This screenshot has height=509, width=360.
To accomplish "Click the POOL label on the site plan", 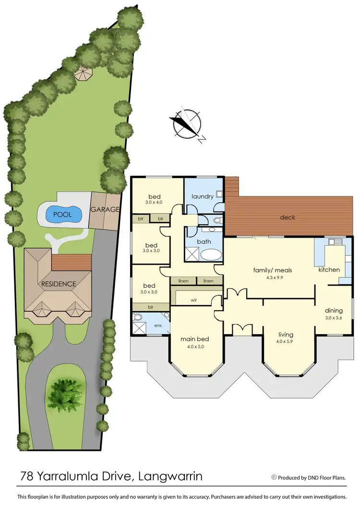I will pos(62,215).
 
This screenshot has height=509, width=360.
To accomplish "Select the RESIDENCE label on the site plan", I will pos(58,284).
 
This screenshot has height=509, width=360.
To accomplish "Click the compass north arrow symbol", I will pos(187,124).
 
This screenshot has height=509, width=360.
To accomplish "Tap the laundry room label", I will pos(202,196).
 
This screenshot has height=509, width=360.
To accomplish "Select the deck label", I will pos(288,218).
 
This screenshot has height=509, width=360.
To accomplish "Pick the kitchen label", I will pos(329,269).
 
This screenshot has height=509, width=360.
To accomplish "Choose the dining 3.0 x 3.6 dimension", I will pos(334,317).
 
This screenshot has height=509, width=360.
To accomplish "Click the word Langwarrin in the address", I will pos(170,477).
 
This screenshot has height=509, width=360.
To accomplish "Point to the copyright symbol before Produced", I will pos(274,477).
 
